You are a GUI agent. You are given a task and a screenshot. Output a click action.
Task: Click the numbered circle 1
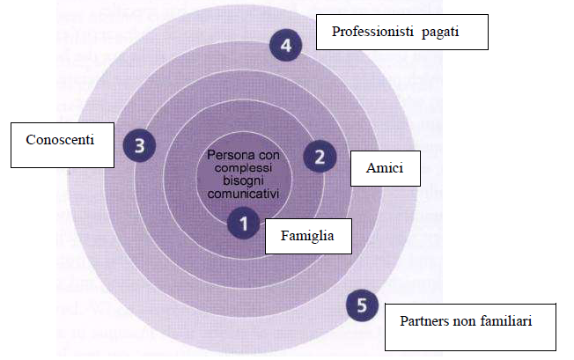[x=244, y=224]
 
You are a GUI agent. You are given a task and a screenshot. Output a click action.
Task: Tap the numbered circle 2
[x=320, y=157]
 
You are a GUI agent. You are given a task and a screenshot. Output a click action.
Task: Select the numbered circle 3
[x=139, y=145]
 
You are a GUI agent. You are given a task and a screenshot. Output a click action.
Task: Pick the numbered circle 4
[x=286, y=45]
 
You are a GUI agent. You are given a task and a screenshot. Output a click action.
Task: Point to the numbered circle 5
[x=362, y=305]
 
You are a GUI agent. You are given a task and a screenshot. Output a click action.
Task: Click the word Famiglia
[x=307, y=236]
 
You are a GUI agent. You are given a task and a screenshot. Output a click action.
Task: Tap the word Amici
[x=385, y=168]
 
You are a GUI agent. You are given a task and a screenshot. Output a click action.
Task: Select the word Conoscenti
[x=60, y=139]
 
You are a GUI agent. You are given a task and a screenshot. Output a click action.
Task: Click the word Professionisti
[x=372, y=32]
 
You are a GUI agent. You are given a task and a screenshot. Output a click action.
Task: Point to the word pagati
[x=440, y=33]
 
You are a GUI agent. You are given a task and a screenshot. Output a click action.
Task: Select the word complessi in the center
[x=243, y=168]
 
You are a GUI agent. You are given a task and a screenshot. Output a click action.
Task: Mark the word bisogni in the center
[x=243, y=180]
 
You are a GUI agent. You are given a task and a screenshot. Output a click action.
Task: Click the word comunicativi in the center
[x=243, y=194]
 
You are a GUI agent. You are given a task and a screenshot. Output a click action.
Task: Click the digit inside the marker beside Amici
[x=320, y=157]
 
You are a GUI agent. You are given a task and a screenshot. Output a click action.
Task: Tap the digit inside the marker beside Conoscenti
[x=139, y=145]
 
